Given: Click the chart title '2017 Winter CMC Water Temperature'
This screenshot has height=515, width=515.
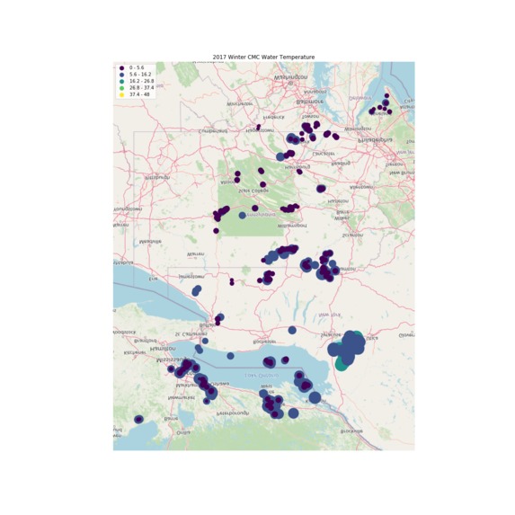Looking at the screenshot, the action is tap(263, 57).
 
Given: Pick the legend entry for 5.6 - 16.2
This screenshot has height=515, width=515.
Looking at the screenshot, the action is tap(138, 74).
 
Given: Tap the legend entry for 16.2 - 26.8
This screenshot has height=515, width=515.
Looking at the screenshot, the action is tap(139, 81).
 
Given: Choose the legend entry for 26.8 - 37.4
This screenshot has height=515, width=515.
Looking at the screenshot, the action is tap(139, 87).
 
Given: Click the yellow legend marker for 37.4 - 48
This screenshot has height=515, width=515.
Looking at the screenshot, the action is tap(121, 93).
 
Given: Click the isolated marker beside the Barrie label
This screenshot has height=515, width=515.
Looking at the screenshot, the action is tap(138, 420).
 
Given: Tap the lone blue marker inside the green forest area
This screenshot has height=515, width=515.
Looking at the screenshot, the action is tap(242, 215).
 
